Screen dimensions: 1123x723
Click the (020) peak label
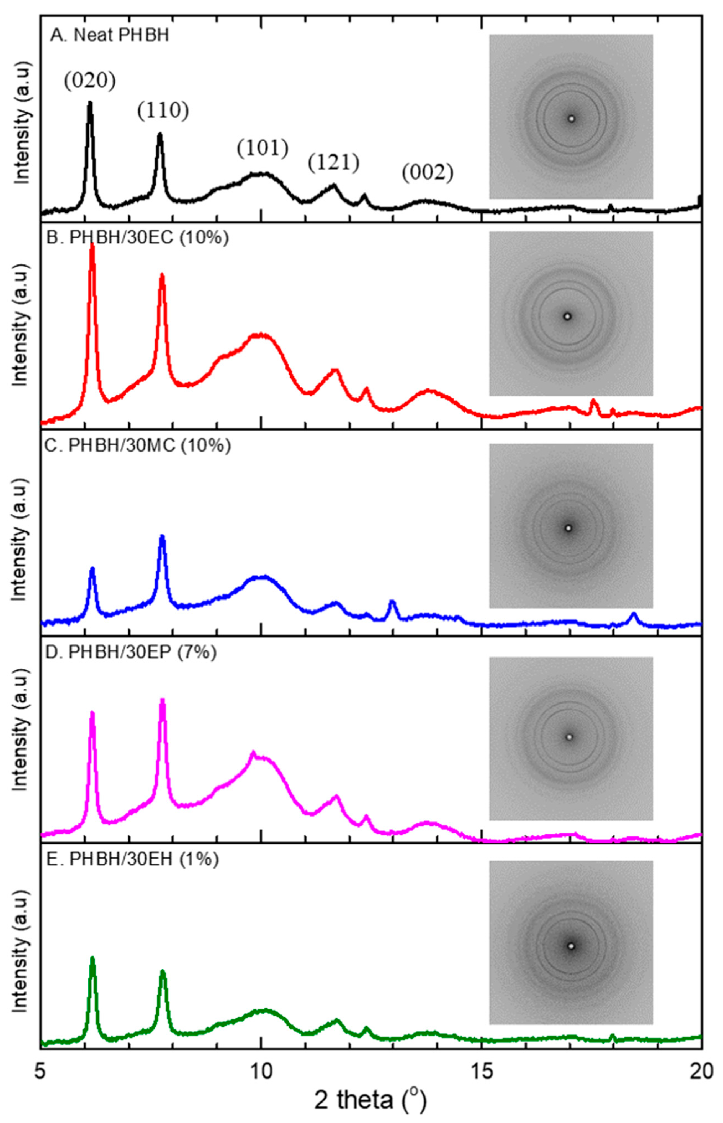coord(90,81)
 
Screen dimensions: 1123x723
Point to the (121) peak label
coord(334,162)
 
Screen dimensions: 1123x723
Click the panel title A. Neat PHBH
coord(109,36)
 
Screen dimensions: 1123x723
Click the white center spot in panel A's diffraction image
coord(571,119)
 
